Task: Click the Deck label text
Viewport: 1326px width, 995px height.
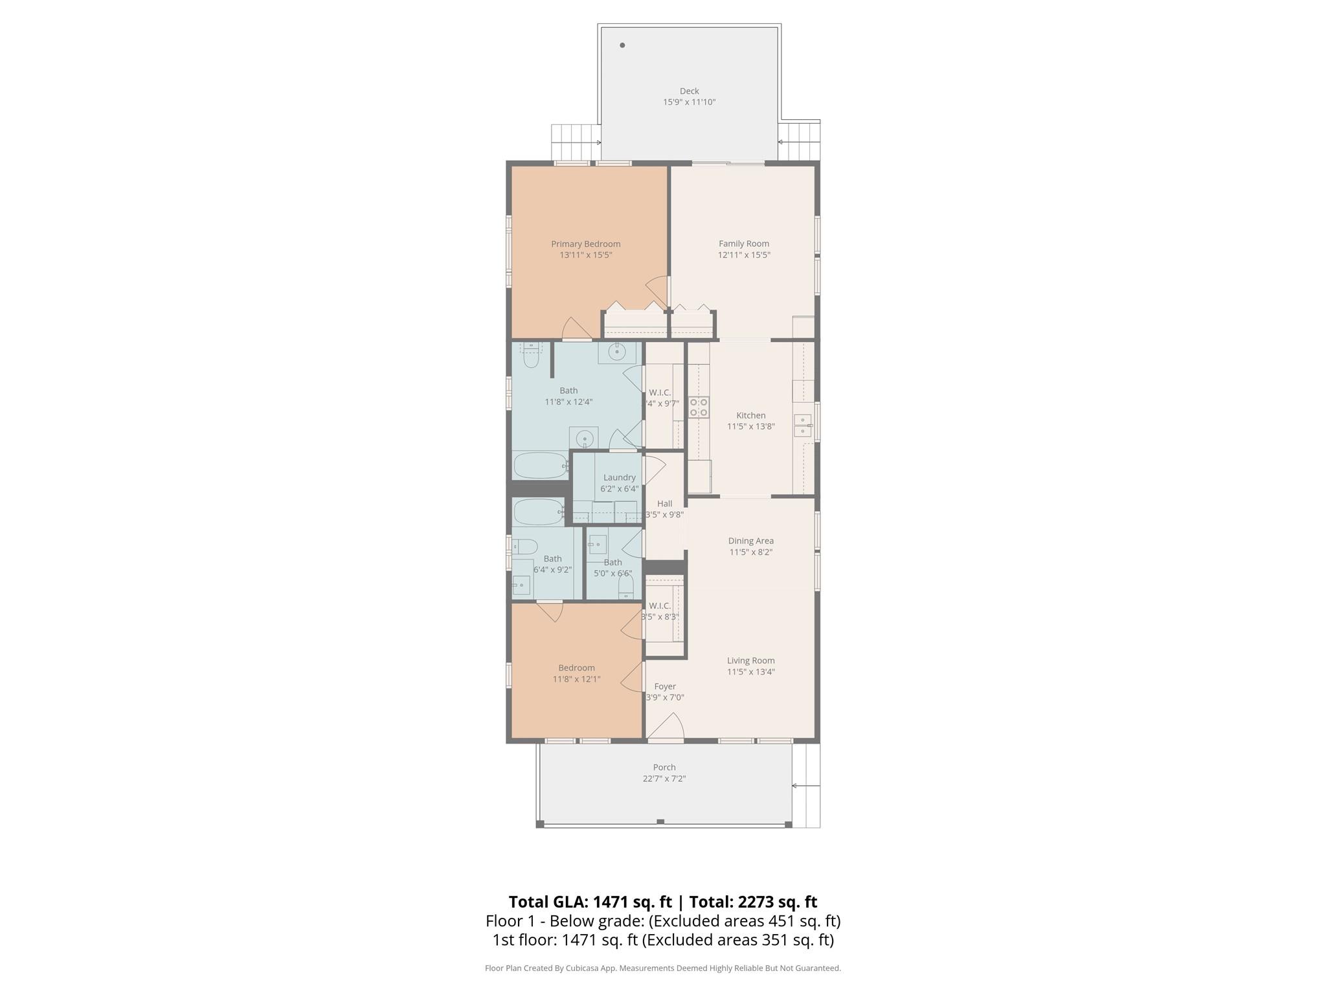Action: [689, 91]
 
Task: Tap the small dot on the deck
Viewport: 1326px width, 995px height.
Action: [622, 45]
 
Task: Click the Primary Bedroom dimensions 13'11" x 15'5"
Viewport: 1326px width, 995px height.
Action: [585, 255]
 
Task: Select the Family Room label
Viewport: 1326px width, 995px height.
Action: [743, 244]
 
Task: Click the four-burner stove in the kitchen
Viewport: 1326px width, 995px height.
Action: [699, 407]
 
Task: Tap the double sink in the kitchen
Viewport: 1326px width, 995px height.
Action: [803, 425]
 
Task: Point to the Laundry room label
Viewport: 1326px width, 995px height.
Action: [619, 477]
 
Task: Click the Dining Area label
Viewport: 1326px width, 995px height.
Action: [750, 541]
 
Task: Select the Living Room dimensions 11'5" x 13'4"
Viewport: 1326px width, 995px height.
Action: [750, 672]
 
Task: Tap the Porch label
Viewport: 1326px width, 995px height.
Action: [664, 767]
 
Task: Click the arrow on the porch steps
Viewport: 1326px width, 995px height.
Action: [803, 786]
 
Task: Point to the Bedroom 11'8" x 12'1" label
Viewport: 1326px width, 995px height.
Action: [576, 668]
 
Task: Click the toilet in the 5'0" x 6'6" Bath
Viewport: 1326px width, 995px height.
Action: [625, 587]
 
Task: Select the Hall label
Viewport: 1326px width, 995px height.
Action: [664, 503]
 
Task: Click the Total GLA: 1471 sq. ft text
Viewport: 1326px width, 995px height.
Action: [590, 902]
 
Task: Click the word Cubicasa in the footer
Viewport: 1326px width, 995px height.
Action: [581, 968]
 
